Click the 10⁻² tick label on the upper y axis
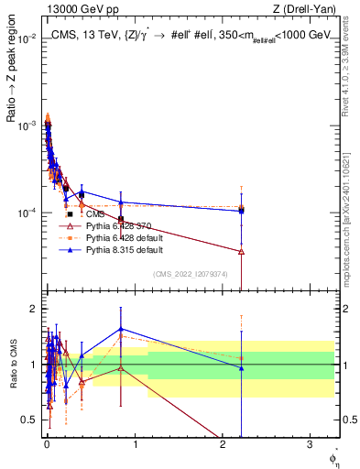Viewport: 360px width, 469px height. tap(27, 39)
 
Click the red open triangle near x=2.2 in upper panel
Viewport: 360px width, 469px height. tap(241, 251)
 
